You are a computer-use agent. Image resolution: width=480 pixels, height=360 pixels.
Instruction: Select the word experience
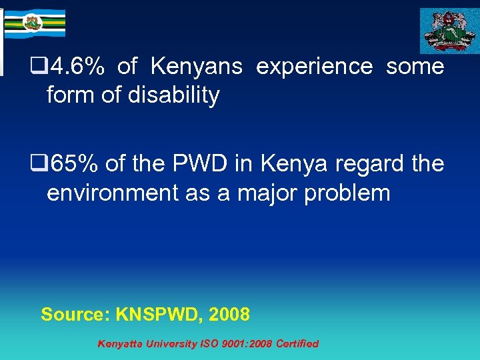pos(314,67)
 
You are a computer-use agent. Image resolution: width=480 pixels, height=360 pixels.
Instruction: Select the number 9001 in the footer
pos(235,344)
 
